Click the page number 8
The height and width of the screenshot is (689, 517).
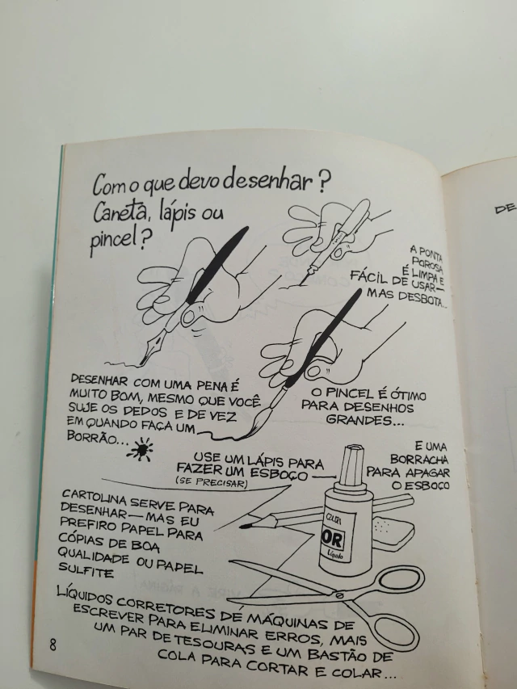[x=53, y=645]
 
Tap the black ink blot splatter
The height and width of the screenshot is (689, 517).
[x=141, y=449]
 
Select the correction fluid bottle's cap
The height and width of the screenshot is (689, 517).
[x=352, y=466]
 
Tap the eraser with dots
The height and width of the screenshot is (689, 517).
[x=389, y=531]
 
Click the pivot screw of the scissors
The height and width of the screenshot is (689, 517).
[x=338, y=595]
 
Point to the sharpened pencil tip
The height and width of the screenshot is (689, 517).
[x=245, y=525]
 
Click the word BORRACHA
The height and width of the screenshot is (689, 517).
[x=419, y=459]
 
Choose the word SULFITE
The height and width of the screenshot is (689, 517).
[x=86, y=570]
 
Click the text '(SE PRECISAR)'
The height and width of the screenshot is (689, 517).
[x=212, y=482]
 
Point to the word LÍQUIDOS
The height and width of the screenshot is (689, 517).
[x=86, y=596]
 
